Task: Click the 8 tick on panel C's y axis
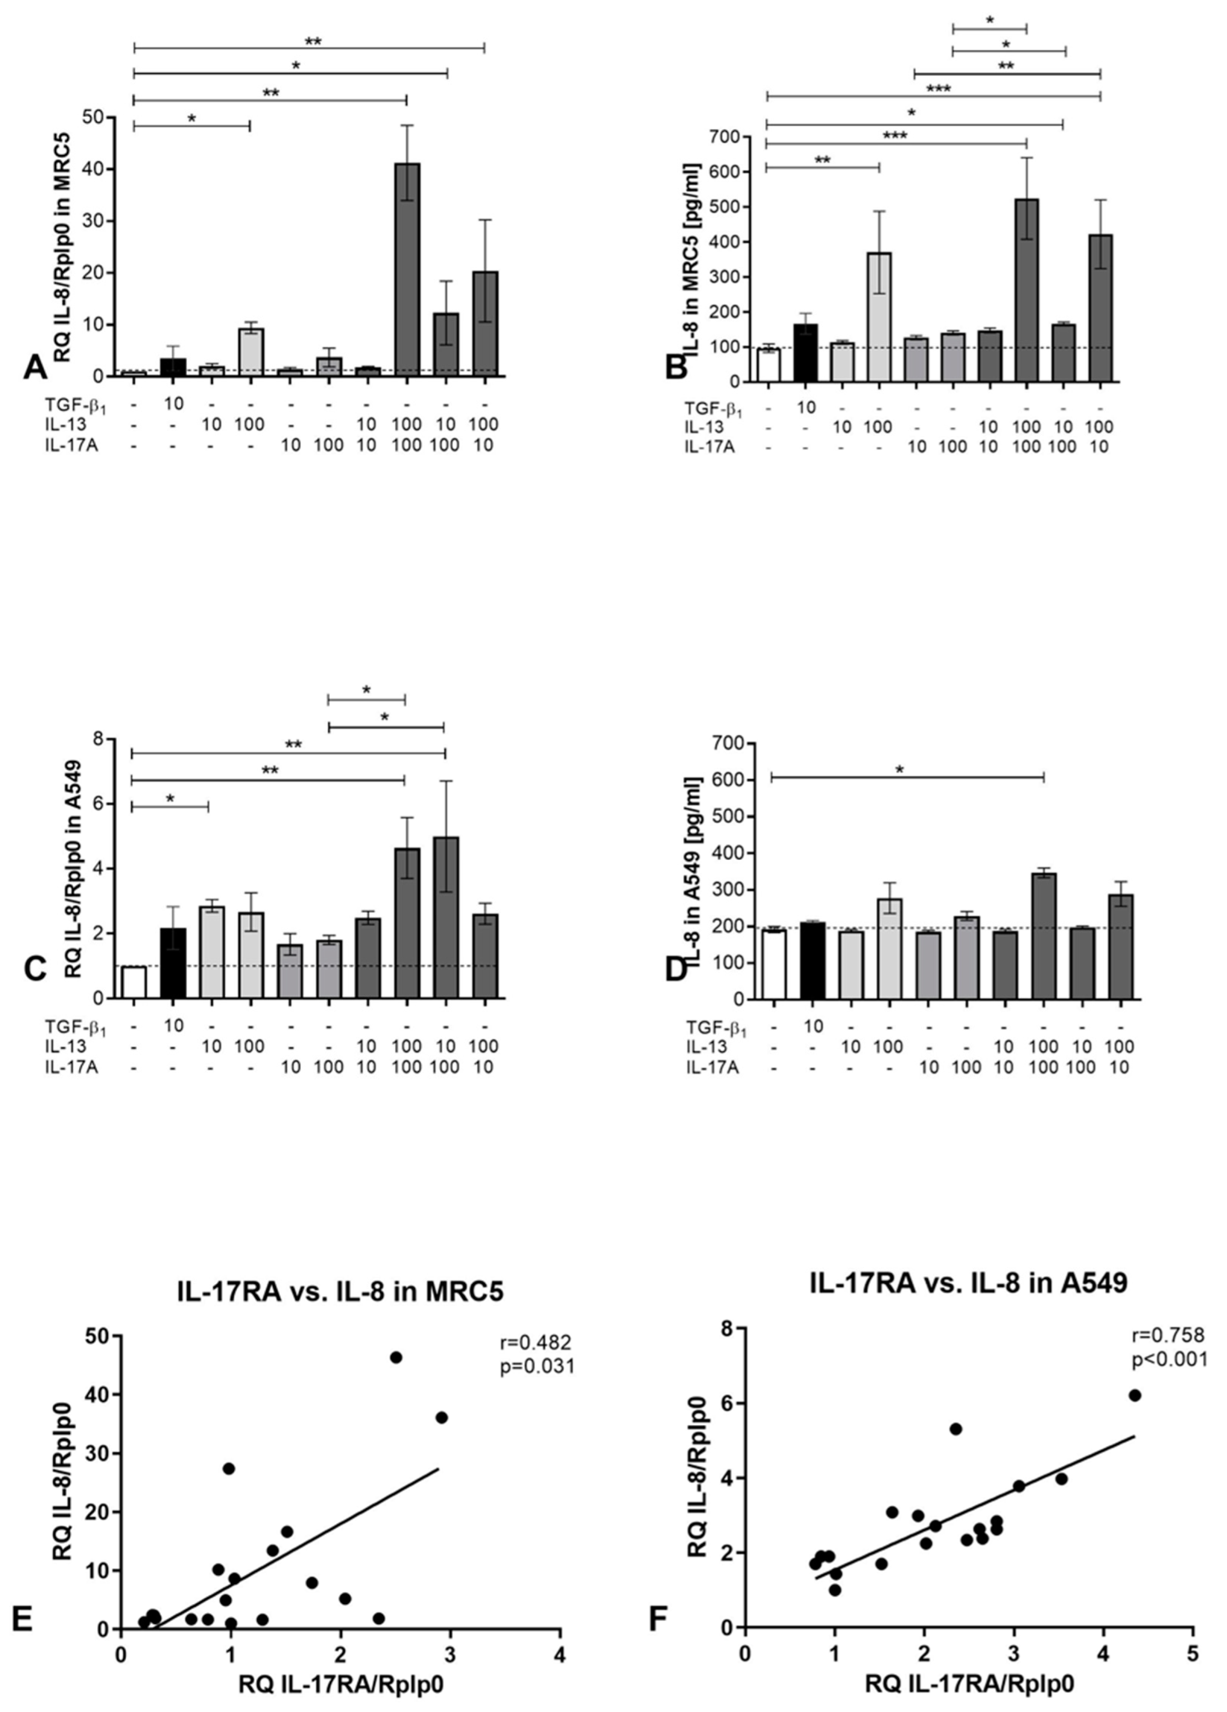tap(97, 739)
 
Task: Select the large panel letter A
tap(35, 368)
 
